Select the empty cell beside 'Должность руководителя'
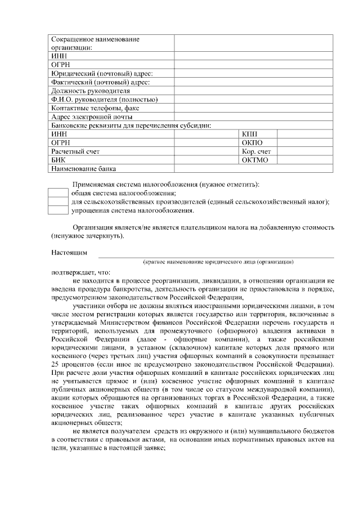pyautogui.click(x=253, y=91)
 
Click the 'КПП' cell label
pyautogui.click(x=249, y=134)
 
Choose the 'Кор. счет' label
pyautogui.click(x=256, y=151)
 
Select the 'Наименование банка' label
pyautogui.click(x=84, y=169)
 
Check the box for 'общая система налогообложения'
pyautogui.click(x=57, y=193)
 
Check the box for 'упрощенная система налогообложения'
pyautogui.click(x=57, y=211)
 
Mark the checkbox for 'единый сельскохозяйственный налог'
pyautogui.click(x=57, y=202)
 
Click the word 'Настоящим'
pyautogui.click(x=69, y=253)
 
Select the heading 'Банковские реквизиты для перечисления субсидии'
pyautogui.click(x=135, y=126)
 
